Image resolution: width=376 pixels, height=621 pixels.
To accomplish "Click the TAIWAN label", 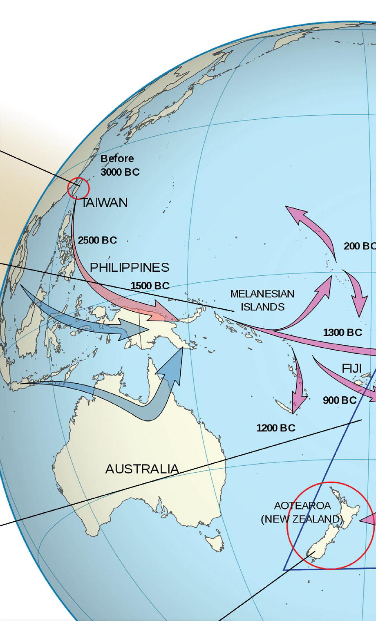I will point(105,203).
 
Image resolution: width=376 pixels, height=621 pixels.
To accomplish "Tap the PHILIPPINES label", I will point(129,267).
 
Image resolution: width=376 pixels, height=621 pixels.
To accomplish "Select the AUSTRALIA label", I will point(142,469).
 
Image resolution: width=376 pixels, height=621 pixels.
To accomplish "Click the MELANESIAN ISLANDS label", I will point(262,300).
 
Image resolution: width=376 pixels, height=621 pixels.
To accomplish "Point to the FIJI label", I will point(351,369).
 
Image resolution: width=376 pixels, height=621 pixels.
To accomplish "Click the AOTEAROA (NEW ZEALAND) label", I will point(302,512).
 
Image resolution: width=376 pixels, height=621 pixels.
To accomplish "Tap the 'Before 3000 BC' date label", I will point(119,165).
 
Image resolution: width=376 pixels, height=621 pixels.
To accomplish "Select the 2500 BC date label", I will point(97,240).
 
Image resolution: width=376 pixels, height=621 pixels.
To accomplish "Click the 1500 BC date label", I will point(150,286).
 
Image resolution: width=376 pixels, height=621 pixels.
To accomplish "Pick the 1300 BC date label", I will point(342,333).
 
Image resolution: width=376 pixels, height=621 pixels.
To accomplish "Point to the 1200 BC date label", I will point(275,428).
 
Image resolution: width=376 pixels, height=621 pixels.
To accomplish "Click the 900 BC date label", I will point(340,400).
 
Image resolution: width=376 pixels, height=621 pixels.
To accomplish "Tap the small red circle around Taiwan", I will point(78,188).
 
